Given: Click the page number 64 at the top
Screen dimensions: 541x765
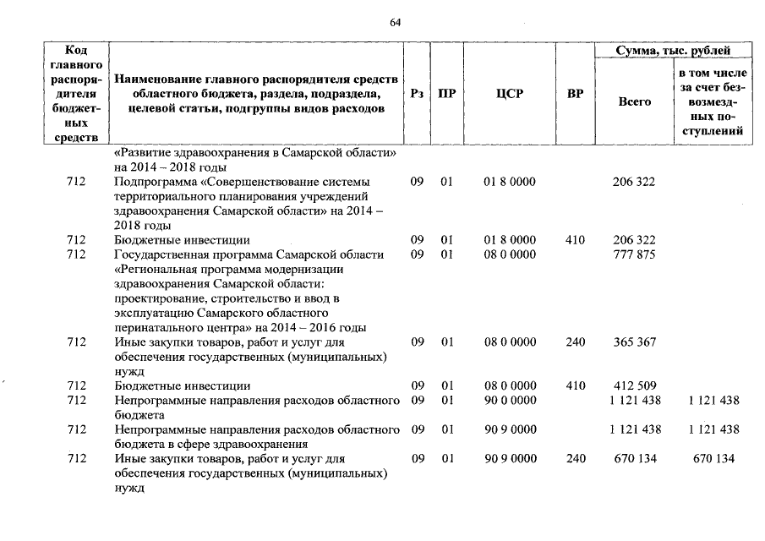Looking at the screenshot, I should pos(395,22).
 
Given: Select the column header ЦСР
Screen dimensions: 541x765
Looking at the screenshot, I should pos(509,94).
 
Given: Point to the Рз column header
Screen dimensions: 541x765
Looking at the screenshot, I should pos(416,94).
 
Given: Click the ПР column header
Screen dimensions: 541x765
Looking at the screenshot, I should pos(446,94).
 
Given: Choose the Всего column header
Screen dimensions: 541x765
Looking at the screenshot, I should pos(634,101).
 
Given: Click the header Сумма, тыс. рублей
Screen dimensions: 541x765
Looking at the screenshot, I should pos(673,51).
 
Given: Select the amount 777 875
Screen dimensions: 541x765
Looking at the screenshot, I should pos(634,254).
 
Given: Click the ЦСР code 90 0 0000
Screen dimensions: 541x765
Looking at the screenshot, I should pos(509,401).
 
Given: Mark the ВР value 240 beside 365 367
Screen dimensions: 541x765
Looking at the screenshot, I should pos(575,342).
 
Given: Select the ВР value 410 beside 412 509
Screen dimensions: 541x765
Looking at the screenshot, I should pos(575,386).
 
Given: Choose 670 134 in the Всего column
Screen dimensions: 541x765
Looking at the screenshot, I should pos(634,459).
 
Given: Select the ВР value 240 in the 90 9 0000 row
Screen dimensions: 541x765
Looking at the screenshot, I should pos(575,459).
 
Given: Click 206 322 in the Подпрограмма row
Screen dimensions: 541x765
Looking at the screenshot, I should pos(634,182).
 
